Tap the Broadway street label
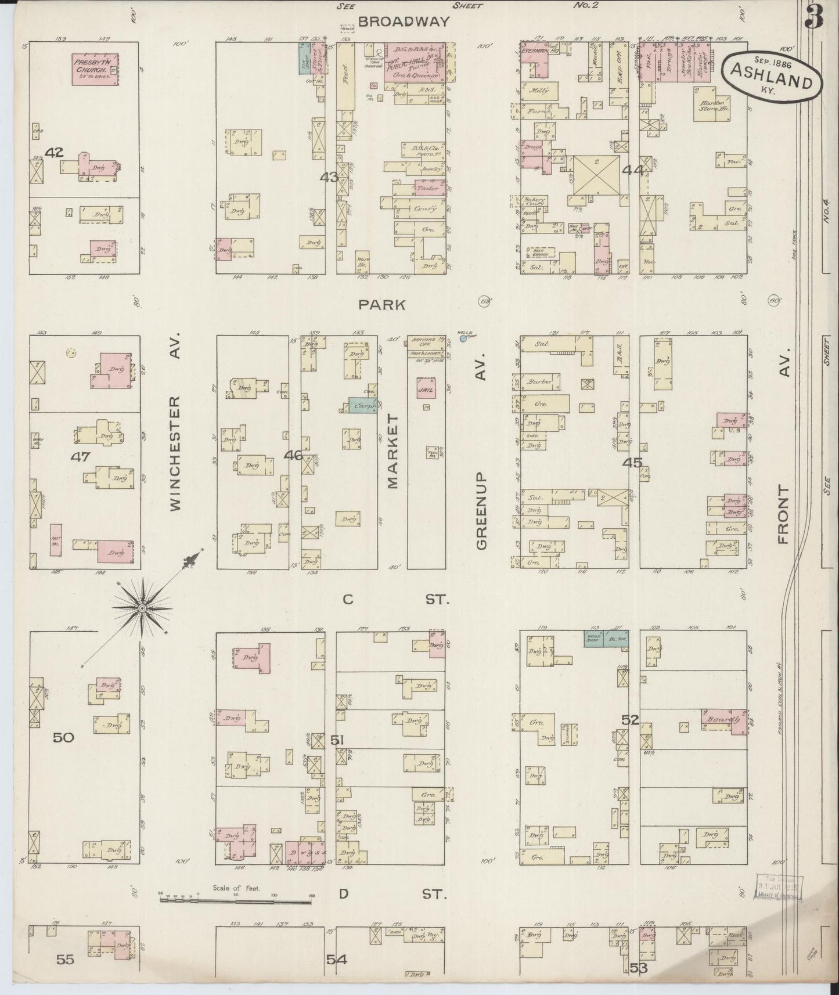pos(404,22)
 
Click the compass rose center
pos(142,608)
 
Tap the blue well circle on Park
pos(463,338)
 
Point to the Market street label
pos(393,451)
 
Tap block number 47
pos(80,457)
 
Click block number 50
pos(64,738)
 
